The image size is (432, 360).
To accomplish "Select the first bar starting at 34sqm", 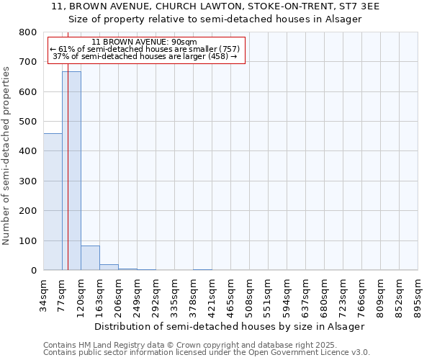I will pos(53,202).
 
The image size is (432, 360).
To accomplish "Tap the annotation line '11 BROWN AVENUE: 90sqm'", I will pos(145,42).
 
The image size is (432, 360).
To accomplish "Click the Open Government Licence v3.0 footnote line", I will pos(206,353).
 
